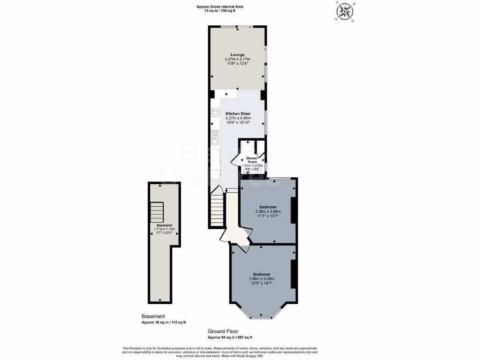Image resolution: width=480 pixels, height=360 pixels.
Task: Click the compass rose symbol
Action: (345, 12)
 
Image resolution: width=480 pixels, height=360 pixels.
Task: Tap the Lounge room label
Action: (237, 55)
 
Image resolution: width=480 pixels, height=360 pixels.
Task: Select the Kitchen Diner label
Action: (238, 114)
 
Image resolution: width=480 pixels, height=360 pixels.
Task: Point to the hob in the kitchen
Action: (216, 112)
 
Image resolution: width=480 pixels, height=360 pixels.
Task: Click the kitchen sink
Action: (215, 136)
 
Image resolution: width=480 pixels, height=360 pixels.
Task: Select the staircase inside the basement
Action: (157, 212)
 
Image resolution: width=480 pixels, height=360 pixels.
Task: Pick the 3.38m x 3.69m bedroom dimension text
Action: (268, 212)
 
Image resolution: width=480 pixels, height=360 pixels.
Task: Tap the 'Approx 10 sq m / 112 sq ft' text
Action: (164, 322)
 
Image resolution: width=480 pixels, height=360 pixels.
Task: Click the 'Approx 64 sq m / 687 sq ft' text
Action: (230, 337)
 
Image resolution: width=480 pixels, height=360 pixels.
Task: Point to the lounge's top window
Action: (237, 27)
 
